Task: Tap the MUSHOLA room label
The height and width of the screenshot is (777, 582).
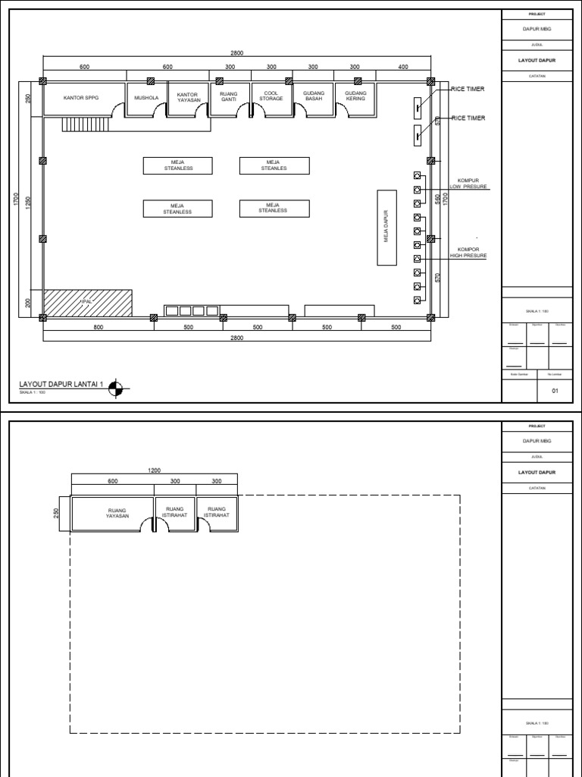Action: (145, 98)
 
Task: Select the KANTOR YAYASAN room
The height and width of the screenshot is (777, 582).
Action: (187, 98)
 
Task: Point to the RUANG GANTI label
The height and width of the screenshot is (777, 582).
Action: (229, 96)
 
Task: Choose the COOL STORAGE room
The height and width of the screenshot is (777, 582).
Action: (271, 96)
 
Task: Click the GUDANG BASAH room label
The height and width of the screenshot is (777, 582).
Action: (314, 96)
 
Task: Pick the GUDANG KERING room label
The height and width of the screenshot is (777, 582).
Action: (355, 96)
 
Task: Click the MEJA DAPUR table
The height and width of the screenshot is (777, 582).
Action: (386, 227)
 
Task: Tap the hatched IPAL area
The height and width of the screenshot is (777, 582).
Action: (88, 303)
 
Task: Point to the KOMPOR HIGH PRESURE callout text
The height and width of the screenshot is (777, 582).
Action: (468, 253)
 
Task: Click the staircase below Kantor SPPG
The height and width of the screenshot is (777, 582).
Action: (75, 123)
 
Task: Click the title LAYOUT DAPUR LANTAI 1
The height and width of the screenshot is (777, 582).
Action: (60, 385)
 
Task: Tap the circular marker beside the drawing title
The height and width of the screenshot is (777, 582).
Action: (115, 388)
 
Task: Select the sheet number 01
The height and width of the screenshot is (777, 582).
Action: (554, 391)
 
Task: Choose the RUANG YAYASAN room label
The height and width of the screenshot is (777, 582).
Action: (117, 513)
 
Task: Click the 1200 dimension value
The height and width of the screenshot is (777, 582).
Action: (154, 470)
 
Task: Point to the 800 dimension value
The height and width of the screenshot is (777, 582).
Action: (99, 327)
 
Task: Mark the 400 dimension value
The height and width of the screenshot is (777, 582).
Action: (402, 67)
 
